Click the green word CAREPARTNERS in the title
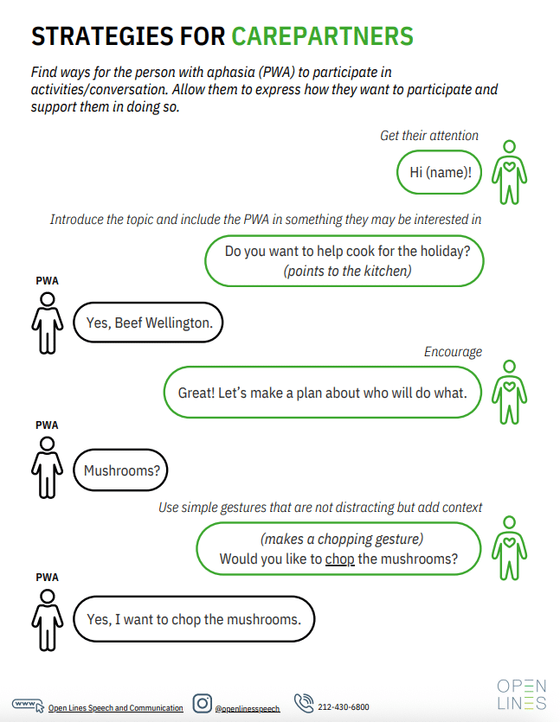click(322, 35)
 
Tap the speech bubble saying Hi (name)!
click(440, 171)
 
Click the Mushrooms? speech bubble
click(121, 471)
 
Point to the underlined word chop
click(340, 559)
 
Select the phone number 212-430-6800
click(344, 707)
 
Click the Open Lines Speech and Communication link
click(116, 708)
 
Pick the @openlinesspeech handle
click(248, 708)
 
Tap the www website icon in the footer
click(27, 705)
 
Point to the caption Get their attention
click(429, 136)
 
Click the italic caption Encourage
click(453, 352)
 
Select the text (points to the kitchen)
click(346, 271)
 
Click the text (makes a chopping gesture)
click(342, 539)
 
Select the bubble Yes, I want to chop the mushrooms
click(194, 619)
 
